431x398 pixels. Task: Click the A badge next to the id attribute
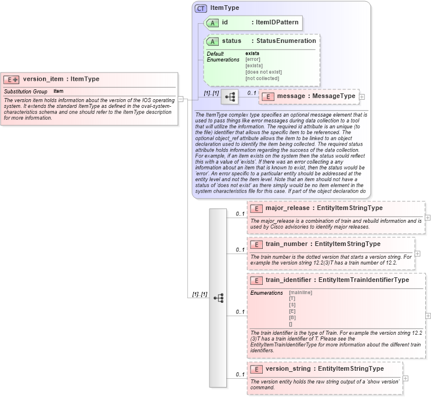tap(212, 23)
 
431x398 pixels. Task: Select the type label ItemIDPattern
tap(277, 23)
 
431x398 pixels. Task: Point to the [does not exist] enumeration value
tap(263, 72)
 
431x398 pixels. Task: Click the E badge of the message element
tap(267, 96)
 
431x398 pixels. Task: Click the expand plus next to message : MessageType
tap(362, 96)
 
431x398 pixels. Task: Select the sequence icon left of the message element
tap(230, 97)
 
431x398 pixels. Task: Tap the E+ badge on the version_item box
tap(12, 79)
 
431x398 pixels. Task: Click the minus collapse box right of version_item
tap(180, 99)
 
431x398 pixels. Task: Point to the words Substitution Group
tap(26, 92)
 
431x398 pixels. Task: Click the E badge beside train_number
tap(256, 244)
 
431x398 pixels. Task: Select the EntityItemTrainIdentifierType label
tap(364, 280)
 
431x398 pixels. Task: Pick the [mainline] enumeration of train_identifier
tap(300, 292)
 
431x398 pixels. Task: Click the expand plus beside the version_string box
tap(405, 378)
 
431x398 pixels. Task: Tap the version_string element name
tap(288, 368)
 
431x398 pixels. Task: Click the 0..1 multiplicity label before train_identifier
tap(240, 312)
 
